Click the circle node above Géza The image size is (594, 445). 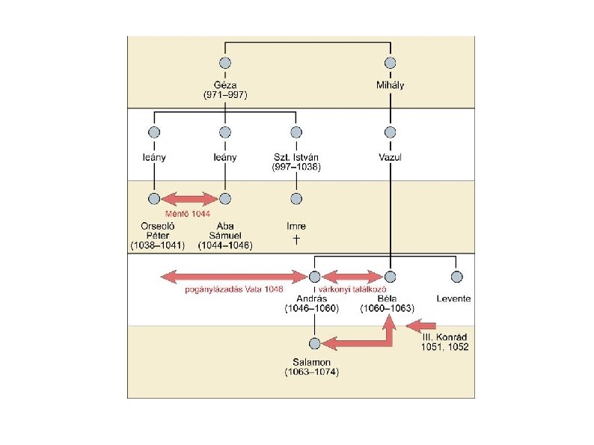[x=225, y=64]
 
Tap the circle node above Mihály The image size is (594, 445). [x=390, y=64]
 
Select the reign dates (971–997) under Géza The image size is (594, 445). [x=225, y=95]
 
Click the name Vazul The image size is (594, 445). [x=390, y=158]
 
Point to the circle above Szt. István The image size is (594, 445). [x=296, y=132]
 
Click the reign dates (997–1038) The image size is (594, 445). [x=296, y=168]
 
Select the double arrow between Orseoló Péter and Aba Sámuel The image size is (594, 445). [x=189, y=199]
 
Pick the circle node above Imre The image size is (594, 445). [x=296, y=199]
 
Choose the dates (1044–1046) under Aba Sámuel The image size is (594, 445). [x=225, y=245]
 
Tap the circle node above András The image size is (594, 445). [x=315, y=277]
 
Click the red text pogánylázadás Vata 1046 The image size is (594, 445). [x=234, y=289]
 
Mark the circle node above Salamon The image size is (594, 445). [x=315, y=343]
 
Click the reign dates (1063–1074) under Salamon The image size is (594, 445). [x=312, y=372]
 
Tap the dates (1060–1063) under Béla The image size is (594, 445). [x=388, y=308]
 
